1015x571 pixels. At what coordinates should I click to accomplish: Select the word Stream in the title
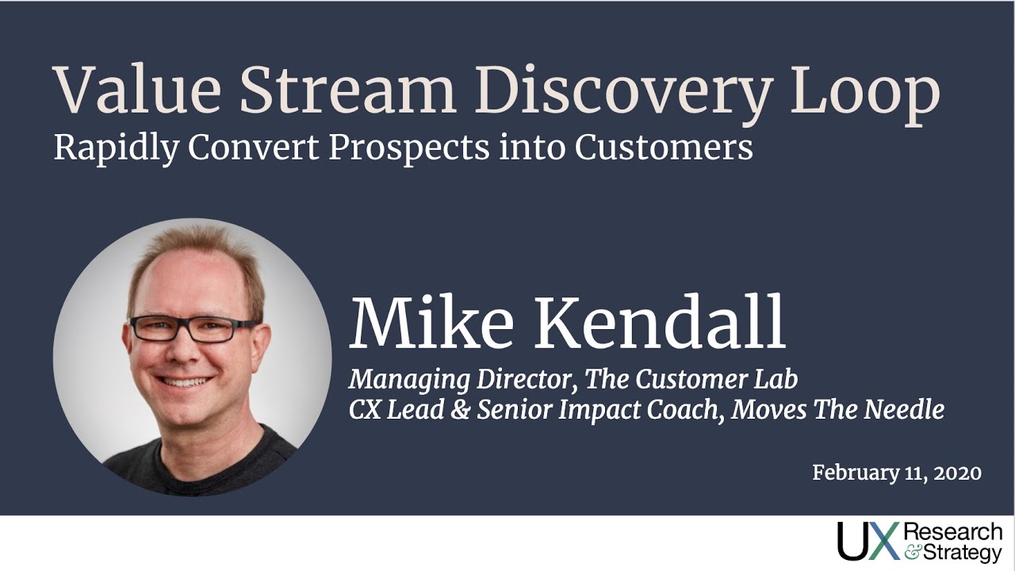[x=348, y=90]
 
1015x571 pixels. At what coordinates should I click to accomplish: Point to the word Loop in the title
[x=865, y=96]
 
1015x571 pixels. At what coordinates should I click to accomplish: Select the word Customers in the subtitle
[x=664, y=148]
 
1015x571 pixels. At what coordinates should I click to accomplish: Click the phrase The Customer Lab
[x=691, y=379]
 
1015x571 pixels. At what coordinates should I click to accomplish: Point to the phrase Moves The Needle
[x=838, y=410]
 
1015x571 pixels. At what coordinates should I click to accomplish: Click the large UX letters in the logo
[x=868, y=541]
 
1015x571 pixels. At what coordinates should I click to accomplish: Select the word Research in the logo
[x=953, y=531]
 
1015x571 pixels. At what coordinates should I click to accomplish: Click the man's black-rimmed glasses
[x=193, y=329]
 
